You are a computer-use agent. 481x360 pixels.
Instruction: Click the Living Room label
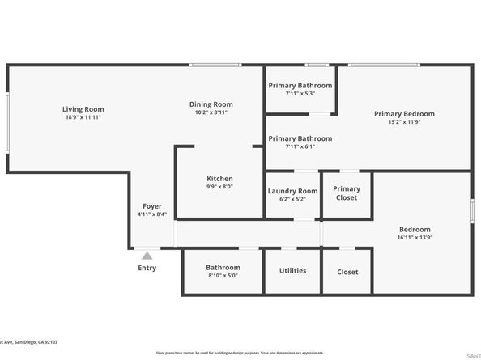[x=83, y=109]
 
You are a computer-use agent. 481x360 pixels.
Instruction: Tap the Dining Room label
[x=211, y=104]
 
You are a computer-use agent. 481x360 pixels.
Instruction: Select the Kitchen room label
[x=219, y=179]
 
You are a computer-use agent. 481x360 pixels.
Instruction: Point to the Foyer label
[x=152, y=206]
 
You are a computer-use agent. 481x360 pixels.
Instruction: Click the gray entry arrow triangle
[x=147, y=255]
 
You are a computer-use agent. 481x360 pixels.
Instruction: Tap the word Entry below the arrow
[x=147, y=268]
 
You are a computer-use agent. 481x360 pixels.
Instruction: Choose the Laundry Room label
[x=293, y=191]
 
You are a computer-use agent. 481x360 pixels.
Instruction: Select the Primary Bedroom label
[x=404, y=114]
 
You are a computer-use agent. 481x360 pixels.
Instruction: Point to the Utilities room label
[x=292, y=271]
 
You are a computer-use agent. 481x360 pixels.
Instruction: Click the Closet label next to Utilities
[x=347, y=272]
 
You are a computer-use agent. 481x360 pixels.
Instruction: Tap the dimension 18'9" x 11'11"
[x=83, y=117]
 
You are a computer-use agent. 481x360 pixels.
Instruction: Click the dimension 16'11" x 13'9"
[x=415, y=238]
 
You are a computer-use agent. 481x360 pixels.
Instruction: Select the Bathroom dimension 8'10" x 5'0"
[x=223, y=276]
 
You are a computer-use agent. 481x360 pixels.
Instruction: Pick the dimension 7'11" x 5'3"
[x=300, y=94]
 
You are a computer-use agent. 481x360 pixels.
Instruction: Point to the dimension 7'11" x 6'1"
[x=300, y=146]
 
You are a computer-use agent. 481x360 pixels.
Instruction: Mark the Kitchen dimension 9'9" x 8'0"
[x=219, y=187]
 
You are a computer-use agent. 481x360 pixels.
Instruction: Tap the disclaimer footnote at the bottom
[x=240, y=353]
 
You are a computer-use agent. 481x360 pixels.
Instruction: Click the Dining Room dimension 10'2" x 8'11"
[x=211, y=112]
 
